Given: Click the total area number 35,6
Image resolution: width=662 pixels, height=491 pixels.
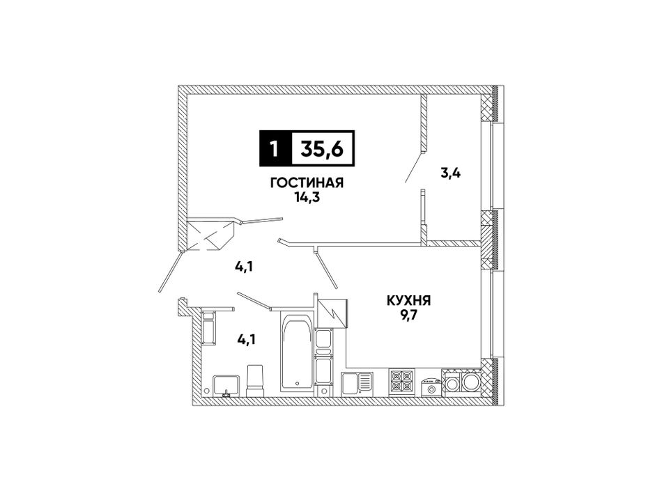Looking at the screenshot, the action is point(322,149).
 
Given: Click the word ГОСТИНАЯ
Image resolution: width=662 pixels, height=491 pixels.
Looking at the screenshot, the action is point(307,182).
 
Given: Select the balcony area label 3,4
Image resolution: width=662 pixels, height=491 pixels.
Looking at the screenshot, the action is point(450,173).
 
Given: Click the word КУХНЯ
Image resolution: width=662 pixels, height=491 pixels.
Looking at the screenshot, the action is point(408,301).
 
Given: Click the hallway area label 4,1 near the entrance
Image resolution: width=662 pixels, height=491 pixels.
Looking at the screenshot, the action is point(244,267).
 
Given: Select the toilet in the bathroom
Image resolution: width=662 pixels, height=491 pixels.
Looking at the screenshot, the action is point(255,382).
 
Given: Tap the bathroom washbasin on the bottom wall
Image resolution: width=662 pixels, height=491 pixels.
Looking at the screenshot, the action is point(226,385).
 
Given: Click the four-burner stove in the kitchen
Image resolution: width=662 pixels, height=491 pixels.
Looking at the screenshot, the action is point(401,381).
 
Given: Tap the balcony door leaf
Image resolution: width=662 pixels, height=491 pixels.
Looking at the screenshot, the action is point(414,166).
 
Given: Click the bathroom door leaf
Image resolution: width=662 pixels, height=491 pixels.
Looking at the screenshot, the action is point(254,300).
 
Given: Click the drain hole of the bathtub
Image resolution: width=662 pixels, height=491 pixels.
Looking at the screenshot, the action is point(298,383).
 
